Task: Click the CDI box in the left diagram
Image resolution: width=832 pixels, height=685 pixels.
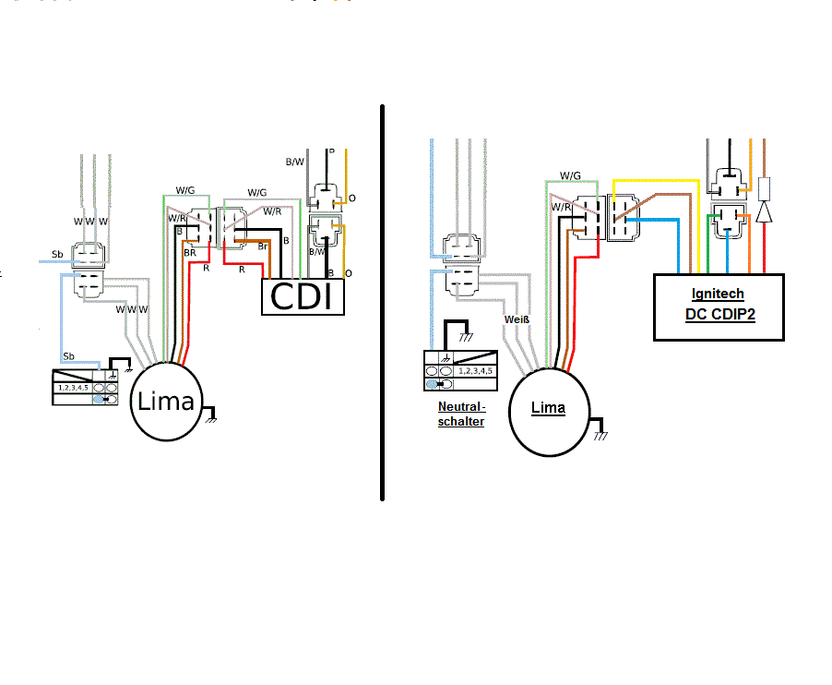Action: tap(303, 297)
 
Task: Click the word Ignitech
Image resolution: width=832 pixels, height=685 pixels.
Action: tap(718, 294)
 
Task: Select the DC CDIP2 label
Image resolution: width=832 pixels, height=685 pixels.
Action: tap(720, 314)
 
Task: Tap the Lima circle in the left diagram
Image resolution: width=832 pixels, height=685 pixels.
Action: tap(166, 402)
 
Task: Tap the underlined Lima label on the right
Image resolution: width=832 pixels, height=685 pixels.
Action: tap(548, 408)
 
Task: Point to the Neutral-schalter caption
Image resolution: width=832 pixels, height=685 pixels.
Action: tap(461, 414)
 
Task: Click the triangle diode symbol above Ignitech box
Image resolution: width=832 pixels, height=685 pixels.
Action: tap(764, 213)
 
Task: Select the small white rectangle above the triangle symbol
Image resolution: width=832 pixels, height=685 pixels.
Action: tap(764, 188)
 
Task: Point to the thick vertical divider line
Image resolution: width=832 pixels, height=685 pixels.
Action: tap(382, 305)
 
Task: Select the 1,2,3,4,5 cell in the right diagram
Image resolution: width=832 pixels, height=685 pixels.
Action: tap(475, 370)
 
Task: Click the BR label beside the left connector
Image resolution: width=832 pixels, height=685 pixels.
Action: tap(189, 252)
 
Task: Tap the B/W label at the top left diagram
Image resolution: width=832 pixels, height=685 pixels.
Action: tap(294, 162)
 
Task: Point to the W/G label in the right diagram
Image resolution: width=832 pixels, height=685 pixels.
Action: tap(571, 175)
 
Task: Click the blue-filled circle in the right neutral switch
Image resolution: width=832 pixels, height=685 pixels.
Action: tap(431, 384)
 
